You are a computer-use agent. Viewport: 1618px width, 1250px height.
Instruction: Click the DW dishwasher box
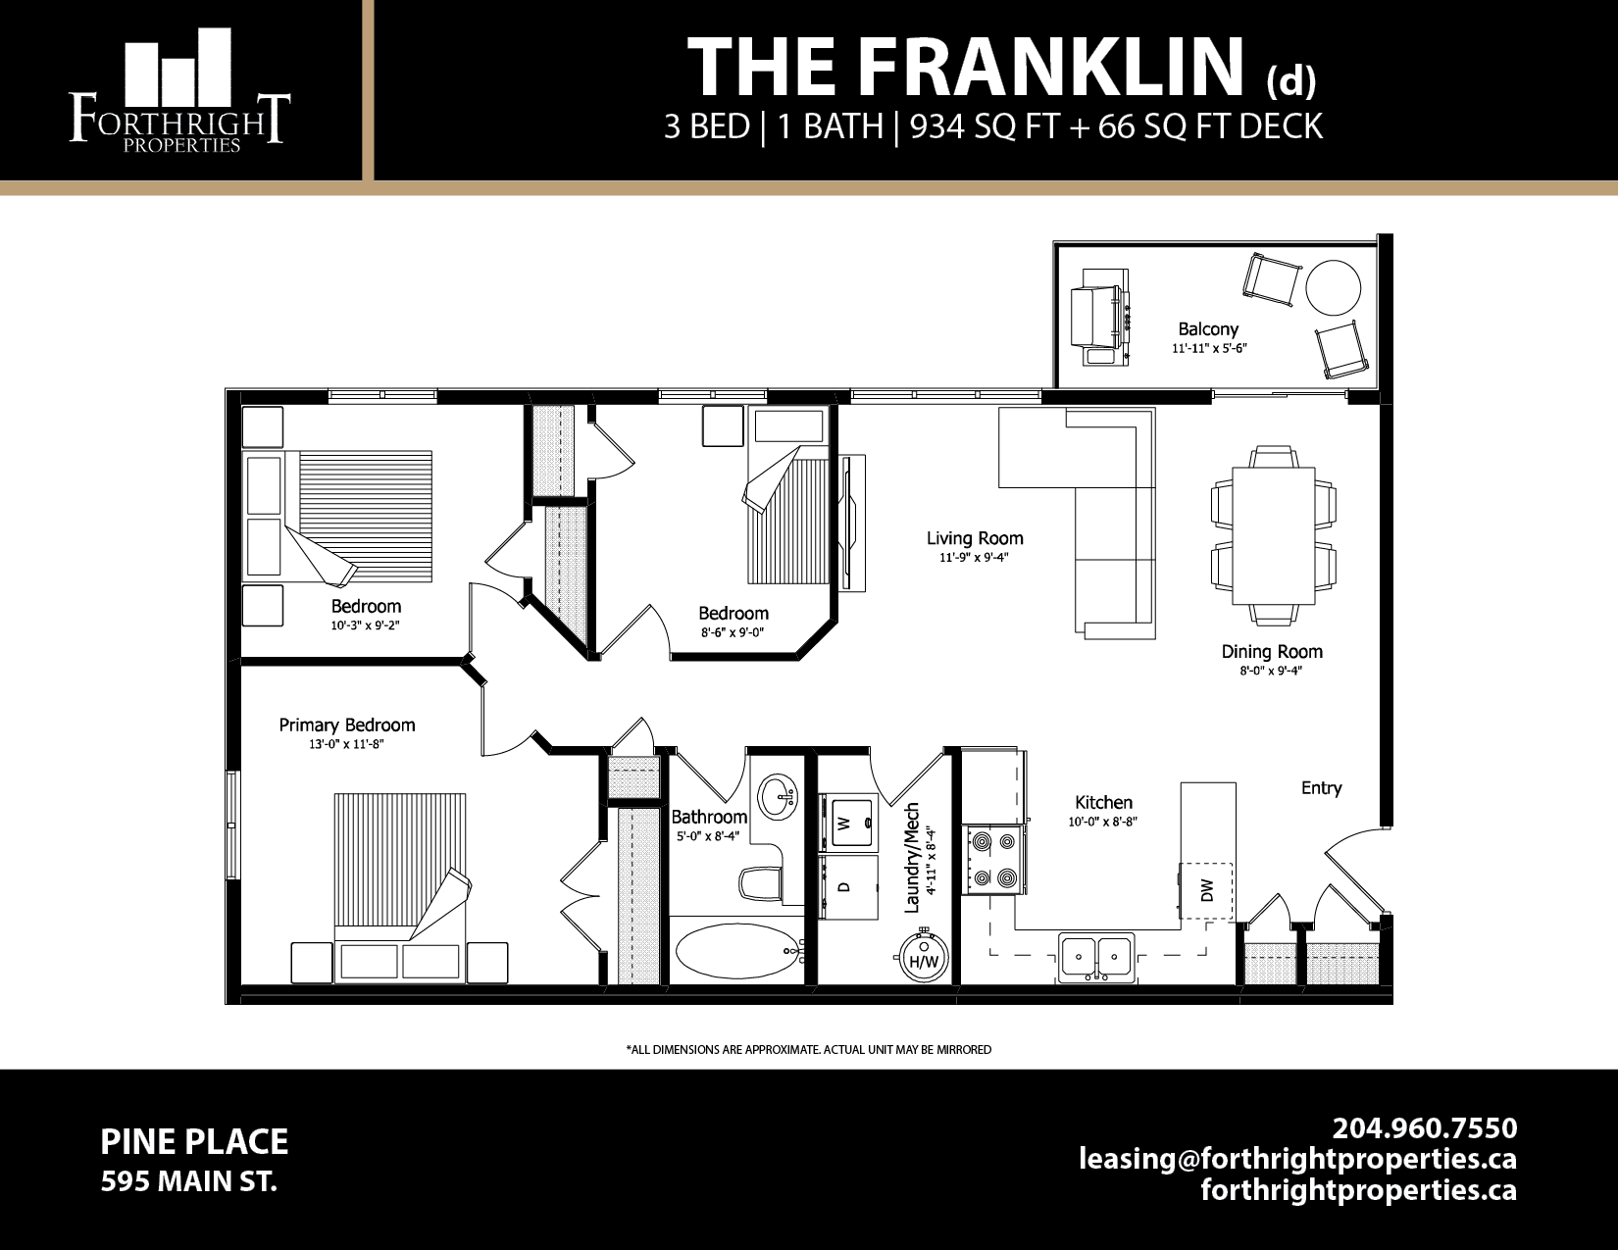(x=1205, y=890)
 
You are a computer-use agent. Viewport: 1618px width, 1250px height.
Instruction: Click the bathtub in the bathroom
(x=737, y=951)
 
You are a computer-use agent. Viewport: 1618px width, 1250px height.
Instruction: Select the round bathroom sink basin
(x=778, y=792)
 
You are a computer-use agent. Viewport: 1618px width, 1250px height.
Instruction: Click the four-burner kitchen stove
(x=993, y=860)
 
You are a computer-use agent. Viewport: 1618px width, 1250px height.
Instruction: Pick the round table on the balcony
(x=1333, y=287)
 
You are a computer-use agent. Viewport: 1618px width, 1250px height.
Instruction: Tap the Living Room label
(x=975, y=538)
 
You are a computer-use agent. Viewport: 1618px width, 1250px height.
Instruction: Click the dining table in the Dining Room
(x=1273, y=535)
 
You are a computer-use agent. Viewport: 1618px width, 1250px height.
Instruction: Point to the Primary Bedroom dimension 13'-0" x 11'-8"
(x=346, y=745)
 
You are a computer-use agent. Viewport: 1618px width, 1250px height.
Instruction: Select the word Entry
(x=1321, y=788)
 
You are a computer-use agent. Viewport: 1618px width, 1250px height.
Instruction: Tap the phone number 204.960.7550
(x=1424, y=1127)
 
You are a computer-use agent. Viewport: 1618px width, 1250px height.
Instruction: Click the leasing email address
(x=1297, y=1159)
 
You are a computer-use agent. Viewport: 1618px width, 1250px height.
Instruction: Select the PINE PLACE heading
(x=194, y=1142)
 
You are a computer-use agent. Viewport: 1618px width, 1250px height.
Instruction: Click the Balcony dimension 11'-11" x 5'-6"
(x=1208, y=349)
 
